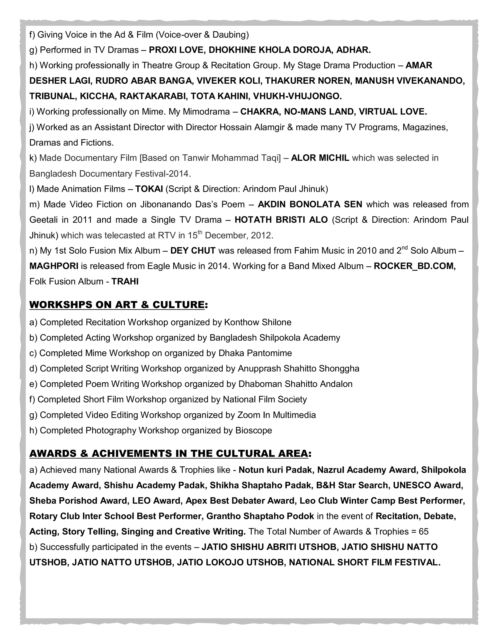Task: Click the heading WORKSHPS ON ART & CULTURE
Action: [x=117, y=305]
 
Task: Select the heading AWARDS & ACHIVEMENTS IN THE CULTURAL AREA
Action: [x=169, y=453]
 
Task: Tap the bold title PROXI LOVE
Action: [x=177, y=50]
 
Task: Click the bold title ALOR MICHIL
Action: [x=320, y=158]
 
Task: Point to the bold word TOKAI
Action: [x=149, y=189]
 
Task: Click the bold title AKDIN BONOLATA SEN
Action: [x=310, y=204]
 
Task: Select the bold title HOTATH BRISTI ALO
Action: [x=281, y=220]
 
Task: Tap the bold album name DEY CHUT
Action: [x=193, y=251]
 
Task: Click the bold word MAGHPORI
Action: [x=54, y=266]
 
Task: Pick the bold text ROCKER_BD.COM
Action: [x=415, y=266]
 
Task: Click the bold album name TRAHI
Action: [x=125, y=281]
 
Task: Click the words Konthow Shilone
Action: [x=258, y=322]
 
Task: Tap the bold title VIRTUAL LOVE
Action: [x=393, y=112]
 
